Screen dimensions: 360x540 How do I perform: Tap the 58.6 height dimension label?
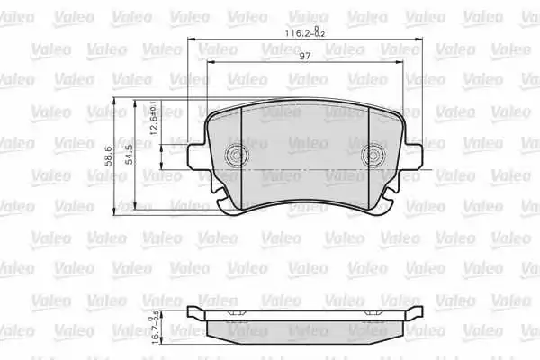(x=109, y=156)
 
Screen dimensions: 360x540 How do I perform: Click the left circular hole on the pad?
(x=236, y=155)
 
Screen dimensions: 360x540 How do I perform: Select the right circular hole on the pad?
(x=373, y=155)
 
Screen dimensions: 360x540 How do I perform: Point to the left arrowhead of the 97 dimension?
(x=210, y=63)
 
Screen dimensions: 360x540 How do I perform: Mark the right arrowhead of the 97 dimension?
(x=400, y=63)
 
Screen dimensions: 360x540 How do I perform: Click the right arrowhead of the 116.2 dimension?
(x=420, y=40)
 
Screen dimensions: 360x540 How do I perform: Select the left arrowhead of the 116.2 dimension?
(x=191, y=40)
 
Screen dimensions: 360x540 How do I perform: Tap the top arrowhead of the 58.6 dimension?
(x=116, y=100)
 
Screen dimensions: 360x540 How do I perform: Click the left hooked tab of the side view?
(x=193, y=312)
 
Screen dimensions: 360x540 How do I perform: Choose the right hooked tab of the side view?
(x=416, y=312)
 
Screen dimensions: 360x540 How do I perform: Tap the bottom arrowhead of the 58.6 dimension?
(x=116, y=211)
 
